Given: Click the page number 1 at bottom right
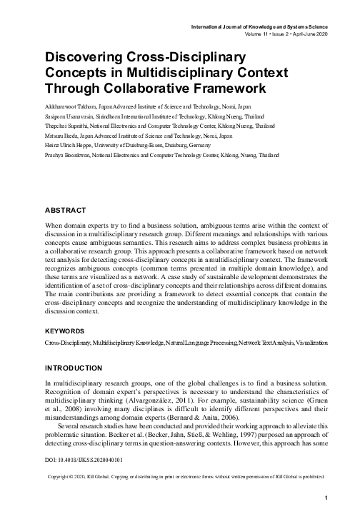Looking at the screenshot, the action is tap(326, 498).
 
